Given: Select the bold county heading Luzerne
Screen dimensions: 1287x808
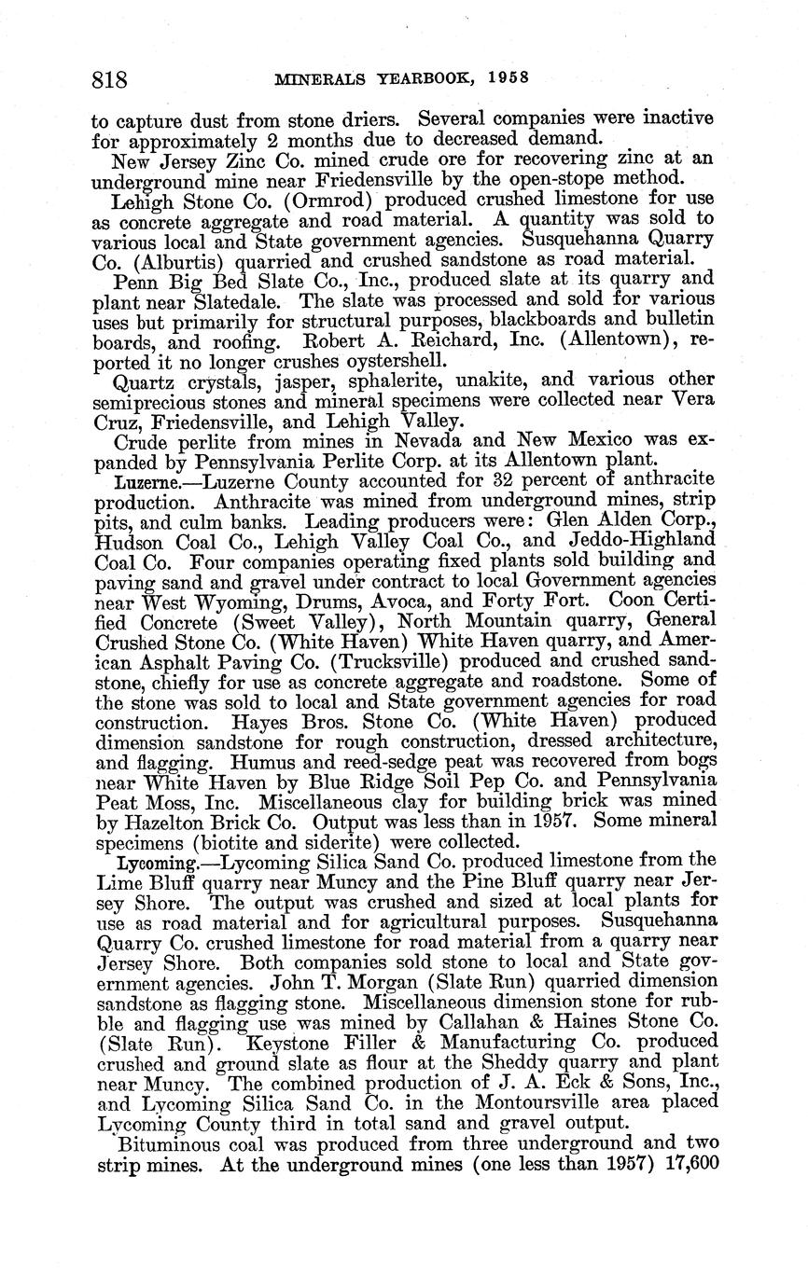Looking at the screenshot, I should pos(140,482).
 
